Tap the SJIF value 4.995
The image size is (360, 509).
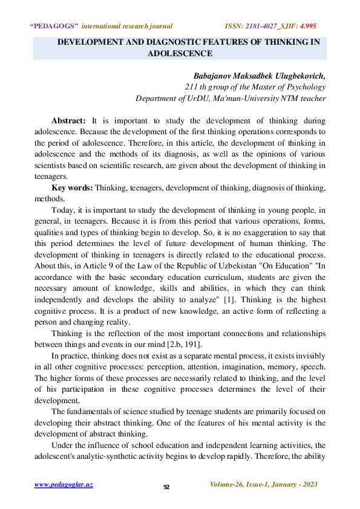point(305,26)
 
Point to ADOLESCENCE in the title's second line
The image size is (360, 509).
point(180,53)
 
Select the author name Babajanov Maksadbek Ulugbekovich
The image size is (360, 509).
point(259,76)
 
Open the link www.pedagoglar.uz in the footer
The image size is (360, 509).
point(64,485)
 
